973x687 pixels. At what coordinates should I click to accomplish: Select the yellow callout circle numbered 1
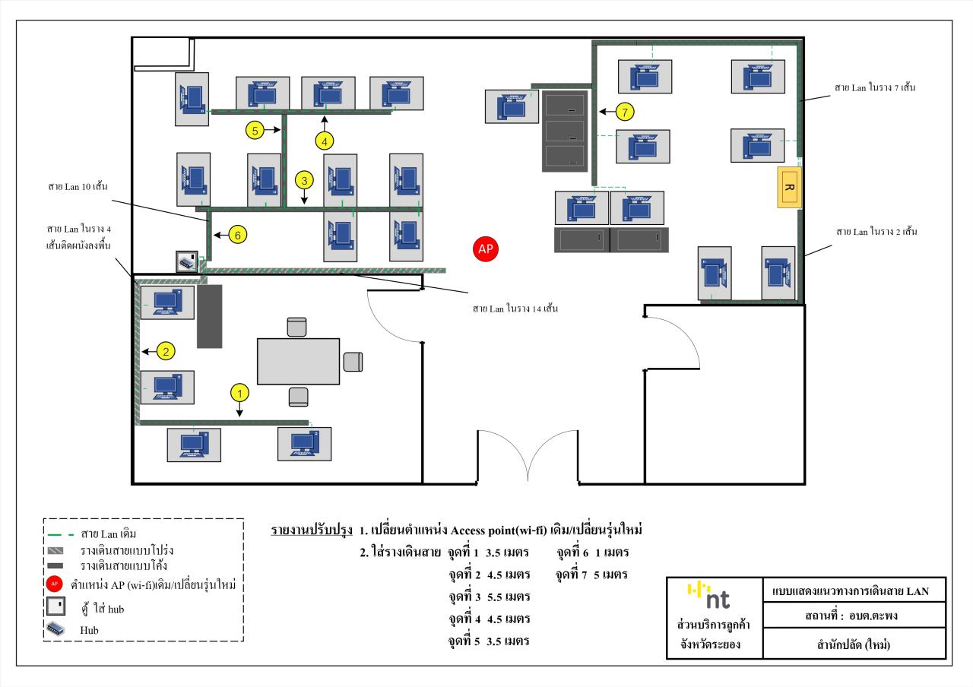click(x=239, y=393)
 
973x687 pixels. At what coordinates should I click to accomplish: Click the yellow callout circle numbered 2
click(x=167, y=350)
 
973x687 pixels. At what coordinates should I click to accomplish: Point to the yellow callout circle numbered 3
click(x=304, y=181)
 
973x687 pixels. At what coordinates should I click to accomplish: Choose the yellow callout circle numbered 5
click(x=255, y=130)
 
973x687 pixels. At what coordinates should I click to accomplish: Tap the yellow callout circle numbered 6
click(x=237, y=236)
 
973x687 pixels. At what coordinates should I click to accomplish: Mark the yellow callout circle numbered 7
click(x=624, y=112)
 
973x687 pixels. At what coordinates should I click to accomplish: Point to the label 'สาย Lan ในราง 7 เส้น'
click(x=875, y=88)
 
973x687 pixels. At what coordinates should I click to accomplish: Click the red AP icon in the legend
click(x=55, y=584)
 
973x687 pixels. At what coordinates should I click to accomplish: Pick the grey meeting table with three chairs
click(x=298, y=361)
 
